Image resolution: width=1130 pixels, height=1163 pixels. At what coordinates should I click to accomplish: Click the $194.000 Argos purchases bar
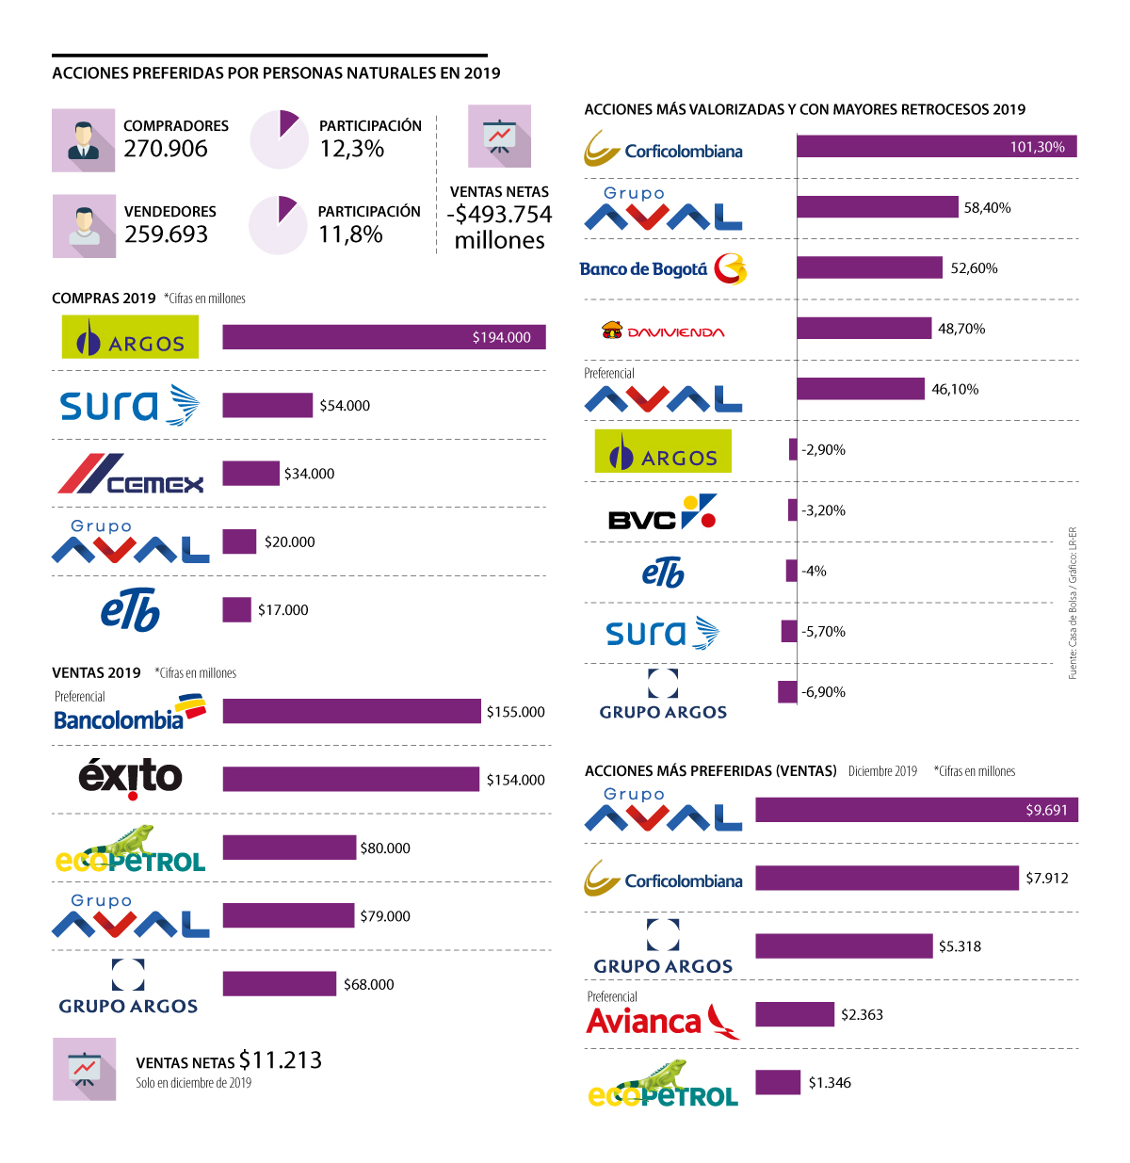383,337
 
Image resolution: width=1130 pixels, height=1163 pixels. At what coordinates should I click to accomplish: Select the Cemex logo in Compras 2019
131,474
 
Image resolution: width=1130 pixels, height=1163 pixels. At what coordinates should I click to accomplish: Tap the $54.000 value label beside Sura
345,406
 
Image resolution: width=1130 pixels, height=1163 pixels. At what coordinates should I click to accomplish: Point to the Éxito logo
130,777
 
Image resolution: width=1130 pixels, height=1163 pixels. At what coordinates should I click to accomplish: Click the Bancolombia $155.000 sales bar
351,711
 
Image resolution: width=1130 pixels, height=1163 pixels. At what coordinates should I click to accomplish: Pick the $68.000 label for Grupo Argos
368,985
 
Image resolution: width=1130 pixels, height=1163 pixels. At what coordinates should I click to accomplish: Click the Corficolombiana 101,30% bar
936,146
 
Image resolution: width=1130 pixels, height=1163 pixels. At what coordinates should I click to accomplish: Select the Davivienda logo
663,331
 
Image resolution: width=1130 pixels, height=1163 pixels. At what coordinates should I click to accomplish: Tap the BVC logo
663,512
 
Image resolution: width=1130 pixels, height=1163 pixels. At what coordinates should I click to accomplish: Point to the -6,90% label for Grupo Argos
823,692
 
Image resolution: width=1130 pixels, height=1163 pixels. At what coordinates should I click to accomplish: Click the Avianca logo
662,1020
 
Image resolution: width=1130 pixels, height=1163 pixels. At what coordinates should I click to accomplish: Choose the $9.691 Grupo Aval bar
916,810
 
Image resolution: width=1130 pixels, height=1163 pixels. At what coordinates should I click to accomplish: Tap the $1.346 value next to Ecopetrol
830,1083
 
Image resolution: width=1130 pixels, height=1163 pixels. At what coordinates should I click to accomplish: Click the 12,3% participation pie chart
279,139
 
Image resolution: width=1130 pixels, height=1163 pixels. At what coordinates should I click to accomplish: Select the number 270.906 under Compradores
166,149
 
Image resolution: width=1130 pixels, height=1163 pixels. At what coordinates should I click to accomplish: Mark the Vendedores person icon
84,226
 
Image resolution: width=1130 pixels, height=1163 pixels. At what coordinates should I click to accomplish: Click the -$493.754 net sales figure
499,215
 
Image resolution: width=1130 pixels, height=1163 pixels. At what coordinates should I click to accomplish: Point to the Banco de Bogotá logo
663,269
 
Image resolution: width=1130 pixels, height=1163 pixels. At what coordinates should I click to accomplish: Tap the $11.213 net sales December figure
281,1060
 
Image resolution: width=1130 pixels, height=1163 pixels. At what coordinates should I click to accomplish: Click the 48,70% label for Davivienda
961,329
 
